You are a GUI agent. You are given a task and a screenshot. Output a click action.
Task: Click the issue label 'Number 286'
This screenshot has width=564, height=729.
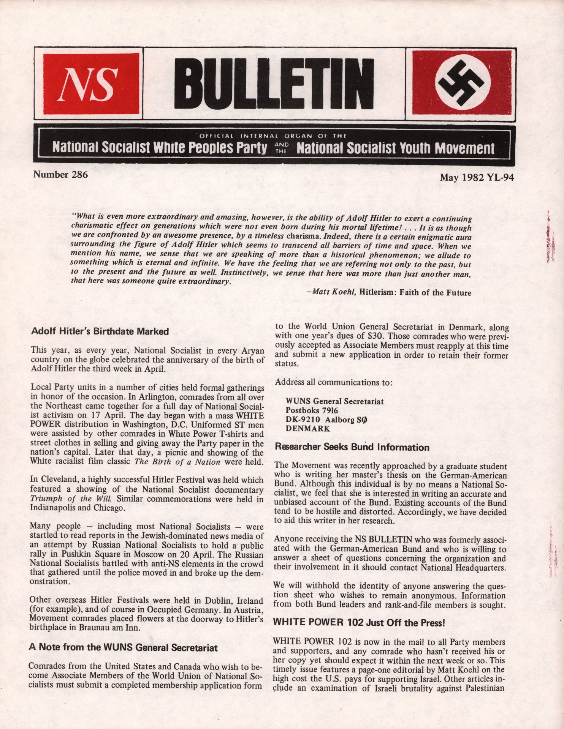[x=60, y=175]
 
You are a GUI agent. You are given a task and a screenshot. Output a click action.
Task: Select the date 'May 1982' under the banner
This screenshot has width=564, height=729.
[x=459, y=177]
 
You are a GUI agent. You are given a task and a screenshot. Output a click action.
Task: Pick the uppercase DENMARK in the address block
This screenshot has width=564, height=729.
[x=308, y=429]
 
